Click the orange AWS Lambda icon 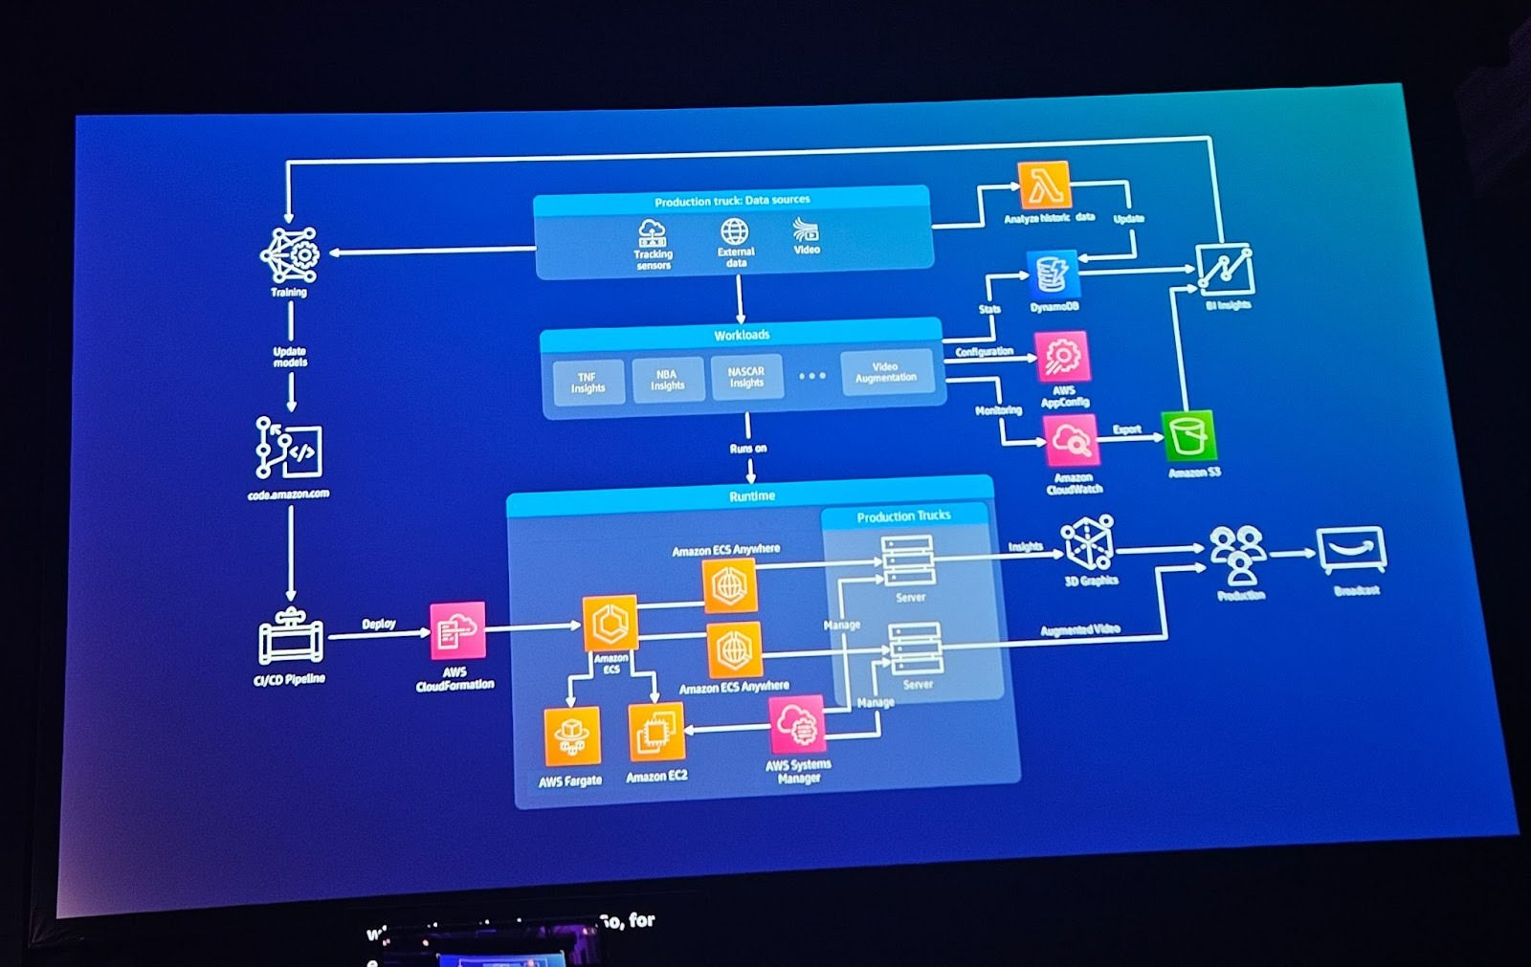(x=1044, y=185)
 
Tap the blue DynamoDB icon (x=1053, y=275)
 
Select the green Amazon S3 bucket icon (x=1188, y=436)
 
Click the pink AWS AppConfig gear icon (x=1061, y=357)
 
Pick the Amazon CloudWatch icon (x=1072, y=441)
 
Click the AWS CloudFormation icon (x=457, y=630)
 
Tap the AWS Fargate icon (x=572, y=736)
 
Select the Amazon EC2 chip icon (x=656, y=732)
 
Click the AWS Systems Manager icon (x=797, y=725)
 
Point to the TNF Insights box (x=588, y=383)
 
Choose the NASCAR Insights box (x=746, y=378)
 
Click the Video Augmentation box (x=886, y=372)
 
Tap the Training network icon (x=290, y=254)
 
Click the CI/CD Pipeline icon (x=290, y=638)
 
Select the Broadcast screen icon (x=1351, y=552)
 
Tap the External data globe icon (x=735, y=231)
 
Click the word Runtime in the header (x=752, y=495)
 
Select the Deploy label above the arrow (x=379, y=624)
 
